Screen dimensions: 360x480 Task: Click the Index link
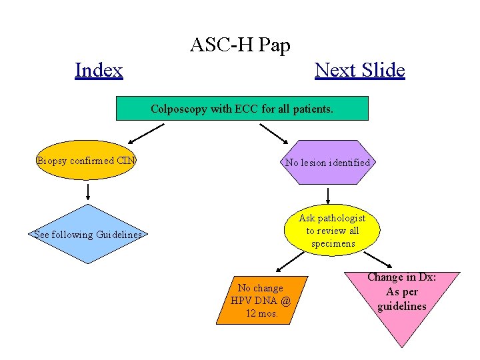(x=99, y=70)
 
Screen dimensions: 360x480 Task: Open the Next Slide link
(x=359, y=70)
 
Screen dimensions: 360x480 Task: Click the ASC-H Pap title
(x=240, y=45)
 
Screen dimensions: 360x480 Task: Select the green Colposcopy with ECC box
(x=242, y=108)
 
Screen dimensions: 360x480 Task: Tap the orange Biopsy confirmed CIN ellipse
(x=85, y=160)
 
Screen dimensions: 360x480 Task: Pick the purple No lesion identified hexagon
(x=327, y=162)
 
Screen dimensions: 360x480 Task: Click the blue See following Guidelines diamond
(x=88, y=234)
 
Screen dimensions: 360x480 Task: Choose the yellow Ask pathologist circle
(x=332, y=231)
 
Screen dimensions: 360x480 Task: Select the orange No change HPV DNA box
(x=261, y=300)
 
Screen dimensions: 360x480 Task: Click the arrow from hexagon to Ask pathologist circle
(x=328, y=195)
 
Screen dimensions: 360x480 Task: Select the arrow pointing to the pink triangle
(x=378, y=259)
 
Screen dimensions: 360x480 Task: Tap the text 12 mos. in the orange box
(x=261, y=313)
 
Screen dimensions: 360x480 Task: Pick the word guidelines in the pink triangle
(x=402, y=307)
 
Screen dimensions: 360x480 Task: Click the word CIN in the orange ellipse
(x=126, y=160)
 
